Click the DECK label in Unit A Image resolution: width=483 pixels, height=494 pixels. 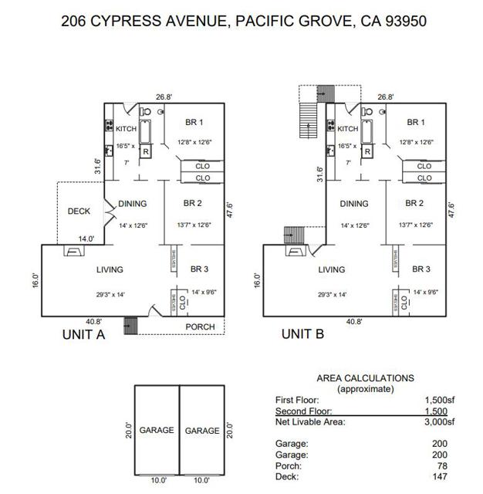click(x=79, y=211)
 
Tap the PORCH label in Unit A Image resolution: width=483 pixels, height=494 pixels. click(x=199, y=327)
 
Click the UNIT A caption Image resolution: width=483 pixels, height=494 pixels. click(x=83, y=334)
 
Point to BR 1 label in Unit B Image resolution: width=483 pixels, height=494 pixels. click(x=416, y=122)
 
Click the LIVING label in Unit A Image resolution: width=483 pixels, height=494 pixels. click(x=110, y=269)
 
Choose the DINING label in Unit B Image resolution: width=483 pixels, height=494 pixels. click(x=354, y=204)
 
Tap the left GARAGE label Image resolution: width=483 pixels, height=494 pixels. click(x=157, y=430)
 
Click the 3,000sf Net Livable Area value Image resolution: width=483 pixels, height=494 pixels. click(x=440, y=421)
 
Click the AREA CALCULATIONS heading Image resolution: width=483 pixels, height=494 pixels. click(x=365, y=378)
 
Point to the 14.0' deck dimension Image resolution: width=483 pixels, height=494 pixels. click(x=84, y=239)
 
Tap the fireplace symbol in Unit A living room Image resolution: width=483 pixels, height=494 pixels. click(x=72, y=251)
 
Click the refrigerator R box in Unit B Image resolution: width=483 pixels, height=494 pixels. click(x=367, y=151)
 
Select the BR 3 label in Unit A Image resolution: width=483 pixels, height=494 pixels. click(x=199, y=269)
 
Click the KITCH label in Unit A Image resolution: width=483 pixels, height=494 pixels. click(x=127, y=129)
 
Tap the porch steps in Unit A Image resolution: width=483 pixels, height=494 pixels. click(x=130, y=327)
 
